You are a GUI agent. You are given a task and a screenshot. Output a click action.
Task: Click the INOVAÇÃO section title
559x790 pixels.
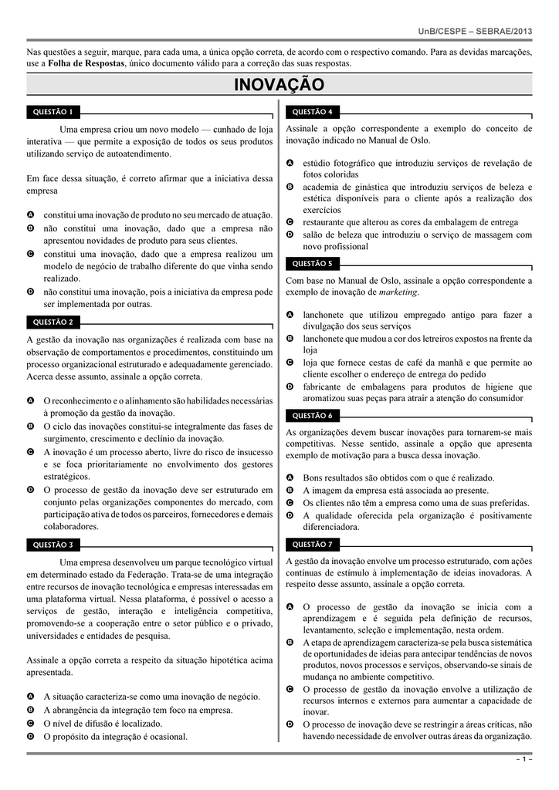[x=279, y=84]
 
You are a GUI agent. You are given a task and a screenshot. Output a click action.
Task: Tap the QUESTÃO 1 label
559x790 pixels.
[x=53, y=112]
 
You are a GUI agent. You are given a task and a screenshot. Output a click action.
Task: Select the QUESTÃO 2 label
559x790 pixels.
[x=53, y=322]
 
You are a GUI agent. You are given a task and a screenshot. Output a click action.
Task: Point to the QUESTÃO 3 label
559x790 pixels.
[x=53, y=545]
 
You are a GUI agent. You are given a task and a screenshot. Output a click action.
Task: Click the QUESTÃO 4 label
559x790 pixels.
[x=313, y=112]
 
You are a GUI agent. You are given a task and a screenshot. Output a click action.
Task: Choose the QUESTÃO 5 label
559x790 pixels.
[x=313, y=263]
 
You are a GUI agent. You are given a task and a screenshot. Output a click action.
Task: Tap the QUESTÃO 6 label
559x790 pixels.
[x=313, y=415]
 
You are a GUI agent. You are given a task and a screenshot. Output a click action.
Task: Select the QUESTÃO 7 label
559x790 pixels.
[x=313, y=545]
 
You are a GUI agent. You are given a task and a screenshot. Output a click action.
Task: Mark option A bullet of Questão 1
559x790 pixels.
[x=30, y=214]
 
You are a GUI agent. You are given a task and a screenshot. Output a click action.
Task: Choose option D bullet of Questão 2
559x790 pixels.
[x=30, y=490]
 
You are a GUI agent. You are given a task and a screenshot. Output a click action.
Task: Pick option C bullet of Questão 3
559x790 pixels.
[x=30, y=724]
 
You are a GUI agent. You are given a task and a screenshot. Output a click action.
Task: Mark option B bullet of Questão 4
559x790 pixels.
[x=290, y=187]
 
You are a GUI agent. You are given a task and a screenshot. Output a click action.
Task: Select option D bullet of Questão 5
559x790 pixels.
[x=290, y=386]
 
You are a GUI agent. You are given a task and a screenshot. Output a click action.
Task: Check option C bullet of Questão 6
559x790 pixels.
[x=290, y=503]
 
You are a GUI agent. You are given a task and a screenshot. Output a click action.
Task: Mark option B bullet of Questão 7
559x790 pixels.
[x=290, y=642]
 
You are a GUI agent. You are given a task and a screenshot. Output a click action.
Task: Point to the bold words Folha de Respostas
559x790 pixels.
[x=86, y=63]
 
